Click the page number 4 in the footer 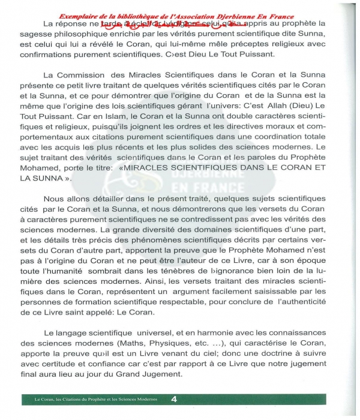[x=173, y=399]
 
